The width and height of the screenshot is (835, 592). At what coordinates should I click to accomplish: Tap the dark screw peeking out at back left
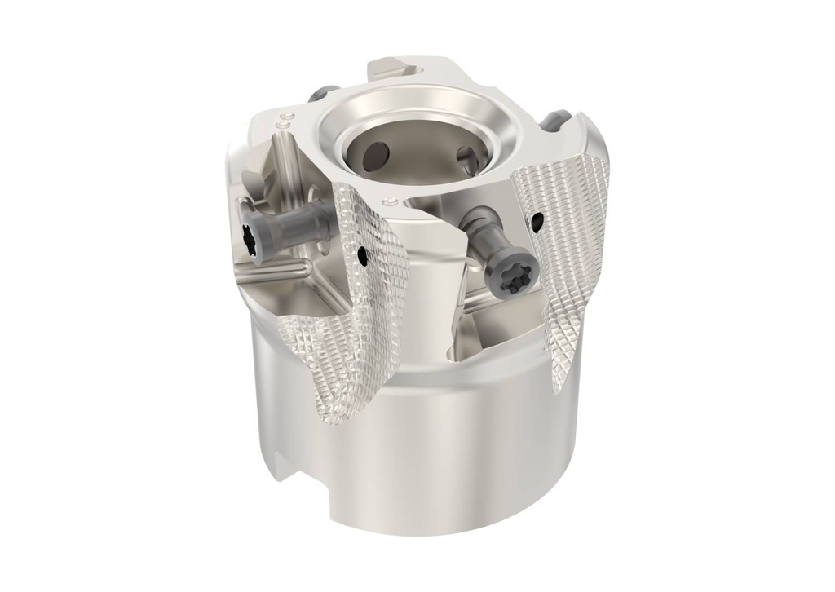(x=330, y=91)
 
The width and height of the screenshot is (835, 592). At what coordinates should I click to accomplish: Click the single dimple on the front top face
(x=392, y=201)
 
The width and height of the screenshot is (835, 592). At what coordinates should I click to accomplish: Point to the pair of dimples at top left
(x=283, y=123)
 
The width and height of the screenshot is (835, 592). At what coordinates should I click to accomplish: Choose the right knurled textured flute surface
(x=571, y=269)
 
